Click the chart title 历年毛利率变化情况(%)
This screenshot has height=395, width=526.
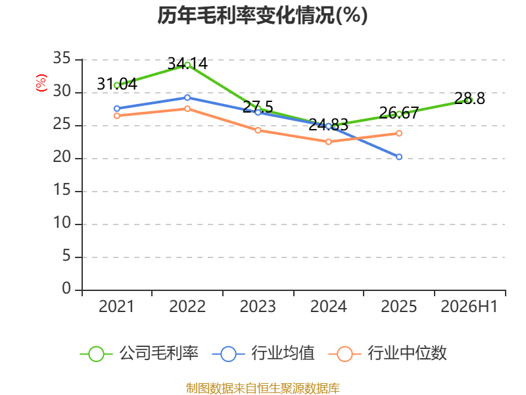(x=262, y=15)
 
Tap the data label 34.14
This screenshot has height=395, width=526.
(x=187, y=63)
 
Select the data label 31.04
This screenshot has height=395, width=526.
(x=117, y=84)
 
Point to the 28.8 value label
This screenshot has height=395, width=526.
(x=469, y=98)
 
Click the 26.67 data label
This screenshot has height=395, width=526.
(x=399, y=113)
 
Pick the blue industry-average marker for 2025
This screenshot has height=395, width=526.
(x=399, y=157)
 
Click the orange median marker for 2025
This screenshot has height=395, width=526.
(x=399, y=134)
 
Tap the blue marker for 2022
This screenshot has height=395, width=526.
(x=187, y=97)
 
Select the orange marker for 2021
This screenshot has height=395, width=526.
(x=117, y=116)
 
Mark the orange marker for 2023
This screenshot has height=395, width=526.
(x=258, y=130)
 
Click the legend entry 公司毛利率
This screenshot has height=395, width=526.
(x=139, y=354)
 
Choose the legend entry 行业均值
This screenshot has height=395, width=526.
(x=264, y=354)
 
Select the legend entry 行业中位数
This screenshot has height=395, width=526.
(x=387, y=354)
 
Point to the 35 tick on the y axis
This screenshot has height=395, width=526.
(x=62, y=58)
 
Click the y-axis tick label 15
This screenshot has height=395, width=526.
(x=62, y=190)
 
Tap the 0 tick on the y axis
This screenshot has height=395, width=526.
(x=66, y=288)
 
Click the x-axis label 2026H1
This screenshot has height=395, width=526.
(x=469, y=306)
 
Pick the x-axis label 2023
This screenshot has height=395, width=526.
(x=258, y=306)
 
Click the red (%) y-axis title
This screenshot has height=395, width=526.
(x=41, y=83)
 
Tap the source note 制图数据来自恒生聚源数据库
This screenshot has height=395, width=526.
(x=262, y=388)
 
